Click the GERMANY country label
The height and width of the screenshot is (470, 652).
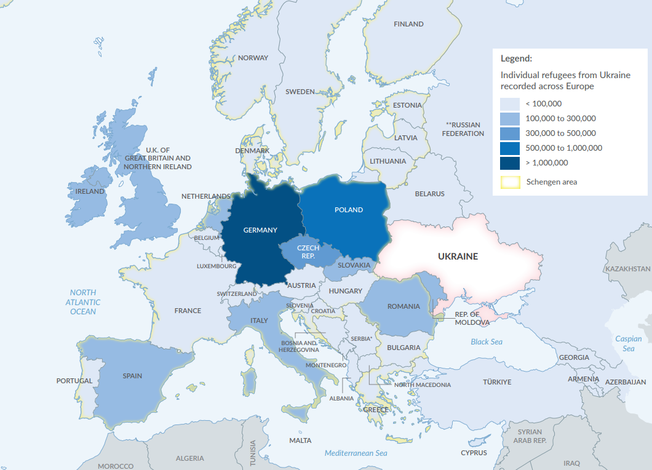(260, 230)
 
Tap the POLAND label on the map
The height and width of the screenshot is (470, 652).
(349, 210)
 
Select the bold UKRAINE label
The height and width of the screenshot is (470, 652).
(458, 256)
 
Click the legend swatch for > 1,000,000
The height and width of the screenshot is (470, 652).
(510, 163)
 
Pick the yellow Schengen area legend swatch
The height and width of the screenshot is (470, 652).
(510, 182)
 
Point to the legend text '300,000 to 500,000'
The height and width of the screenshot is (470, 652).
(560, 133)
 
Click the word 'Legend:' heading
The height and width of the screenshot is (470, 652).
(516, 59)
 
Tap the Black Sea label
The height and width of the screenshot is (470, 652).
(487, 342)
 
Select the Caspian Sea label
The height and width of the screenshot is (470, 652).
(628, 344)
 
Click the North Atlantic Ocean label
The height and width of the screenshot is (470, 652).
(83, 302)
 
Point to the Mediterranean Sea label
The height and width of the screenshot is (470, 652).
(356, 453)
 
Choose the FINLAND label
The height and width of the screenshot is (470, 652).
(408, 24)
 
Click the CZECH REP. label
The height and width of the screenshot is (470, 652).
(308, 252)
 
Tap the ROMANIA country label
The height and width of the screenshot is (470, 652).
(404, 306)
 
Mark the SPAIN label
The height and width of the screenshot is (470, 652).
(132, 376)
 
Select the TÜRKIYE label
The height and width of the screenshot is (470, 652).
(497, 382)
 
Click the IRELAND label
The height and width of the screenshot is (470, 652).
(90, 191)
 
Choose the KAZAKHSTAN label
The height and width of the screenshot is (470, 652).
(627, 269)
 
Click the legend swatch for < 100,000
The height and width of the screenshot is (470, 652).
(510, 104)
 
